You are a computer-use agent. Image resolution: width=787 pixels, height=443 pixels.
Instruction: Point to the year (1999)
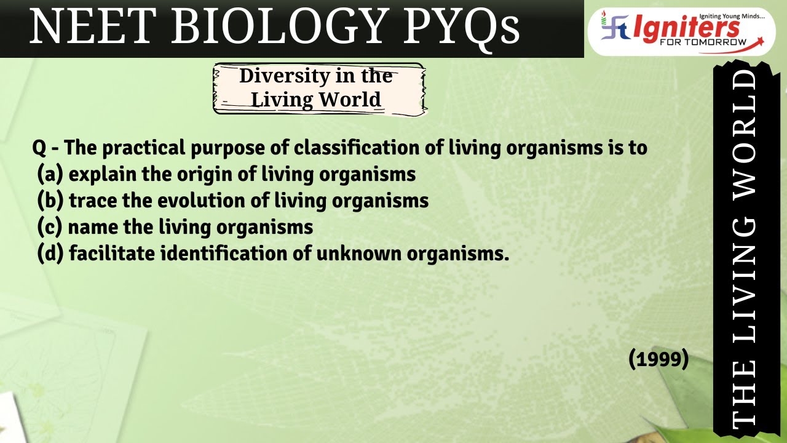tap(658, 358)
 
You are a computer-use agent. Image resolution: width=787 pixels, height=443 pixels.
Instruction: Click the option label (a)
tap(50, 174)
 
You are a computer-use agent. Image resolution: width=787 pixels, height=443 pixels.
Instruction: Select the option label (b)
tap(50, 201)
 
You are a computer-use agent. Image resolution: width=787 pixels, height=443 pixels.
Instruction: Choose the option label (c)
tap(50, 227)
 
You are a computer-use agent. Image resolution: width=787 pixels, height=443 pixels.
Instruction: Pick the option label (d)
tap(50, 253)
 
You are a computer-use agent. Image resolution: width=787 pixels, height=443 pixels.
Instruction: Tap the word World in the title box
tap(350, 99)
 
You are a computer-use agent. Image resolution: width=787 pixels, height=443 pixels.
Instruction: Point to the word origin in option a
tap(206, 175)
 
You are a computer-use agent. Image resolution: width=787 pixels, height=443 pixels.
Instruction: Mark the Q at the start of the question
tap(39, 148)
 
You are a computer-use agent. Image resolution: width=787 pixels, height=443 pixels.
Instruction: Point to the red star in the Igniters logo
tap(761, 40)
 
